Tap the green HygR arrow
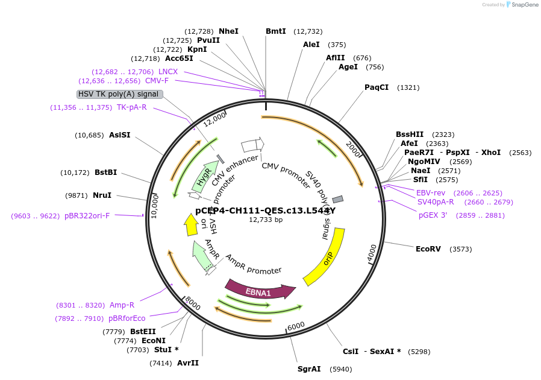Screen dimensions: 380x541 [206, 174]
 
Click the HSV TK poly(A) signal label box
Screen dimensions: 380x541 [119, 94]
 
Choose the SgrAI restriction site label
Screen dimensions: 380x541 [309, 369]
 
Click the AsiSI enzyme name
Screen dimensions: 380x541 [119, 135]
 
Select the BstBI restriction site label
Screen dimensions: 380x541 [106, 173]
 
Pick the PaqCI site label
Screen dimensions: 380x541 [377, 87]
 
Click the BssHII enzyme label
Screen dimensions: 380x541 [410, 134]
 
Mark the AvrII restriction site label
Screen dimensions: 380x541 [187, 363]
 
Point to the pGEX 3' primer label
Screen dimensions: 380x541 [433, 215]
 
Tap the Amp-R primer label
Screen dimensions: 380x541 [122, 305]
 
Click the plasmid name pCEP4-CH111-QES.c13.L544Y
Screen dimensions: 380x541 [265, 211]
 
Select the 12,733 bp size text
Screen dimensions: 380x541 [266, 220]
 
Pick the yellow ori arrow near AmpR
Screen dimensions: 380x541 [192, 224]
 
